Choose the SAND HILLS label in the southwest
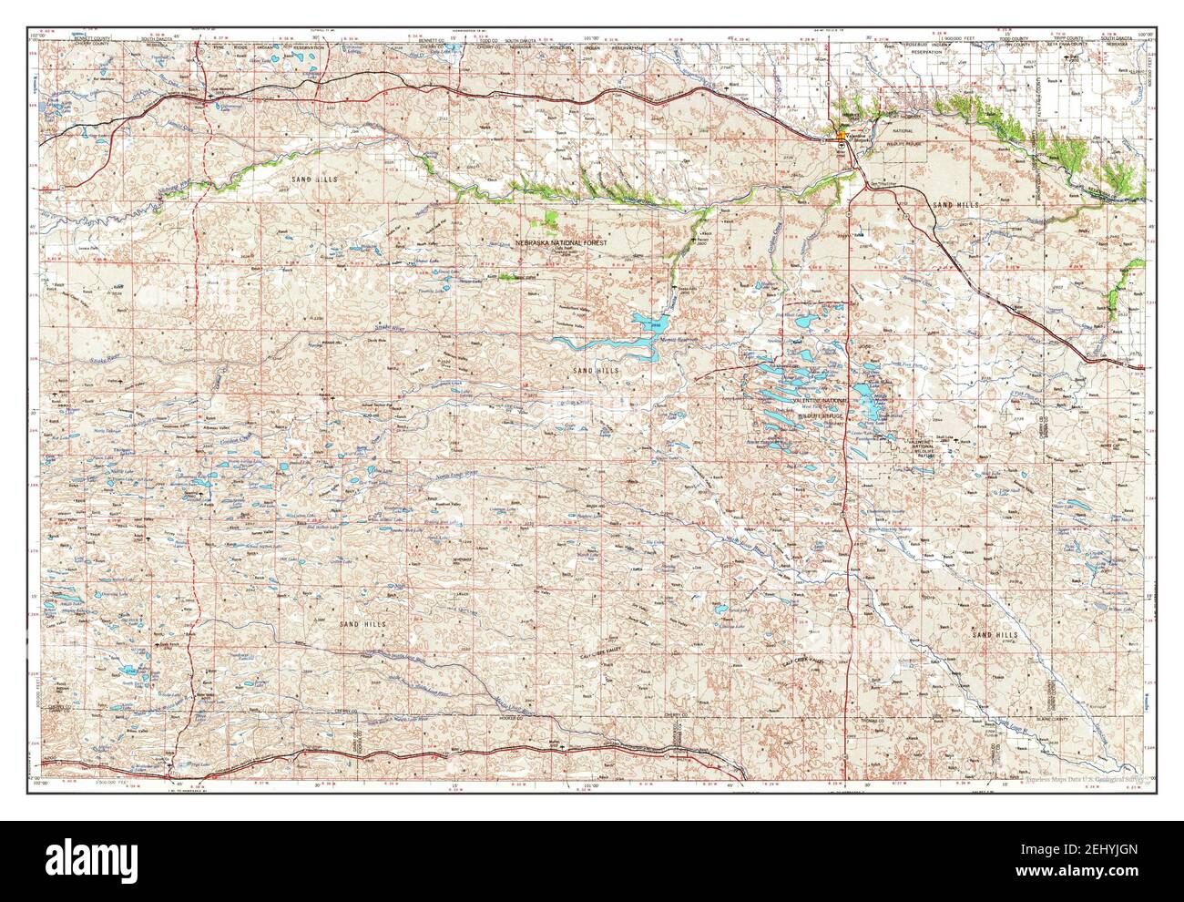click(x=362, y=623)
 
